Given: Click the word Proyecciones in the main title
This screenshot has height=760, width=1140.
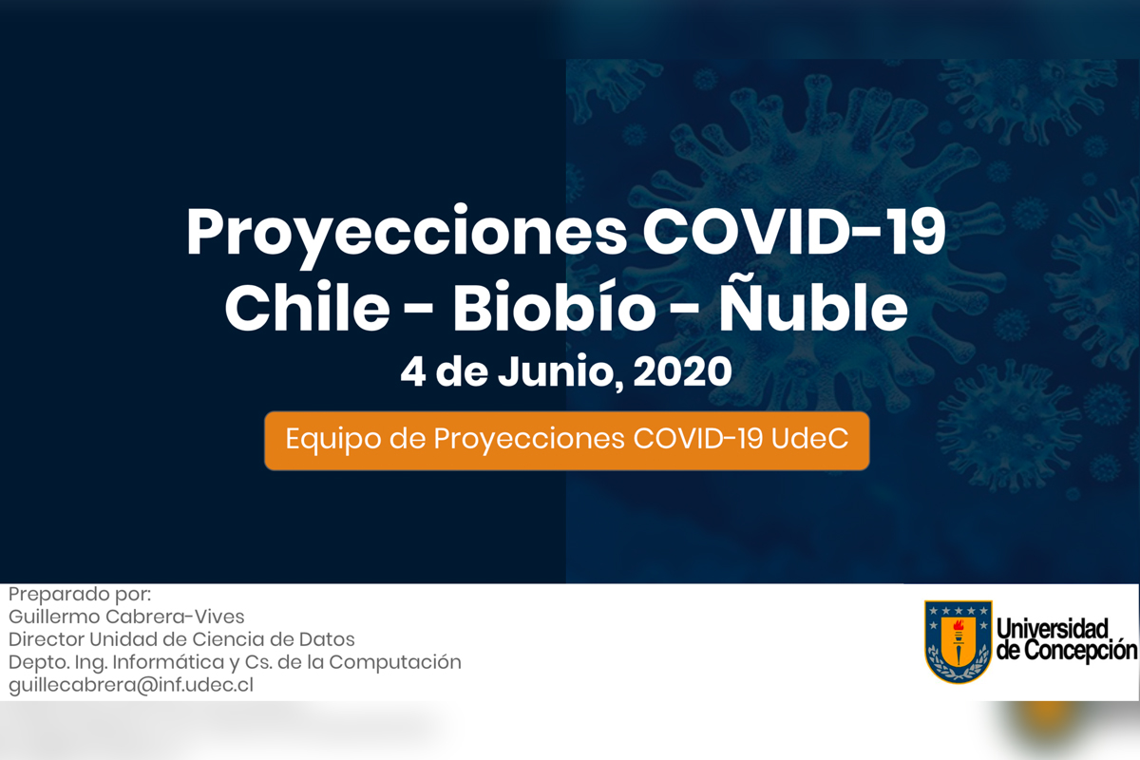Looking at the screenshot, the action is (x=407, y=236).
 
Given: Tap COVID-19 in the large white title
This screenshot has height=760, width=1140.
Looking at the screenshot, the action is (x=794, y=231).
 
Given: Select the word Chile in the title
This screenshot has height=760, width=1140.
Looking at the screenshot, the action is (x=308, y=307).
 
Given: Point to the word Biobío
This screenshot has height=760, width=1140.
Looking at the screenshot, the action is (x=554, y=307).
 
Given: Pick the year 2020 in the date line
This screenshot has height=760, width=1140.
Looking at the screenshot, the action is (x=682, y=371).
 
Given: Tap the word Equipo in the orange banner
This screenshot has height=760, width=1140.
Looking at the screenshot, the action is (x=333, y=439).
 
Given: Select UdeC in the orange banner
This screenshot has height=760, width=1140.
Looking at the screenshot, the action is (x=809, y=438).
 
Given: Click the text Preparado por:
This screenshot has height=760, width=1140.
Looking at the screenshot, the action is (x=80, y=595).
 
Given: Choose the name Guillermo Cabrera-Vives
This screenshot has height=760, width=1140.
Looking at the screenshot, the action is (x=126, y=617).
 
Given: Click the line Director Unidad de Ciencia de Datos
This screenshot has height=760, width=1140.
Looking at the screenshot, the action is (x=181, y=639).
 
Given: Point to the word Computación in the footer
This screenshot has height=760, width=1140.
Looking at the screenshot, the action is (x=395, y=663).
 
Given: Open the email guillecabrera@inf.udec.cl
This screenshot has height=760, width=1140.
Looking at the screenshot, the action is (x=131, y=685).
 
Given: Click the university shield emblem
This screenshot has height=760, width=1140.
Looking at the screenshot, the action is (x=958, y=641).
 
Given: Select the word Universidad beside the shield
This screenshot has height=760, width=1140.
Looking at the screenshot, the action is (x=1052, y=629).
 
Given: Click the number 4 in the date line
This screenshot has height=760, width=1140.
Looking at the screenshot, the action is (x=412, y=372).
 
